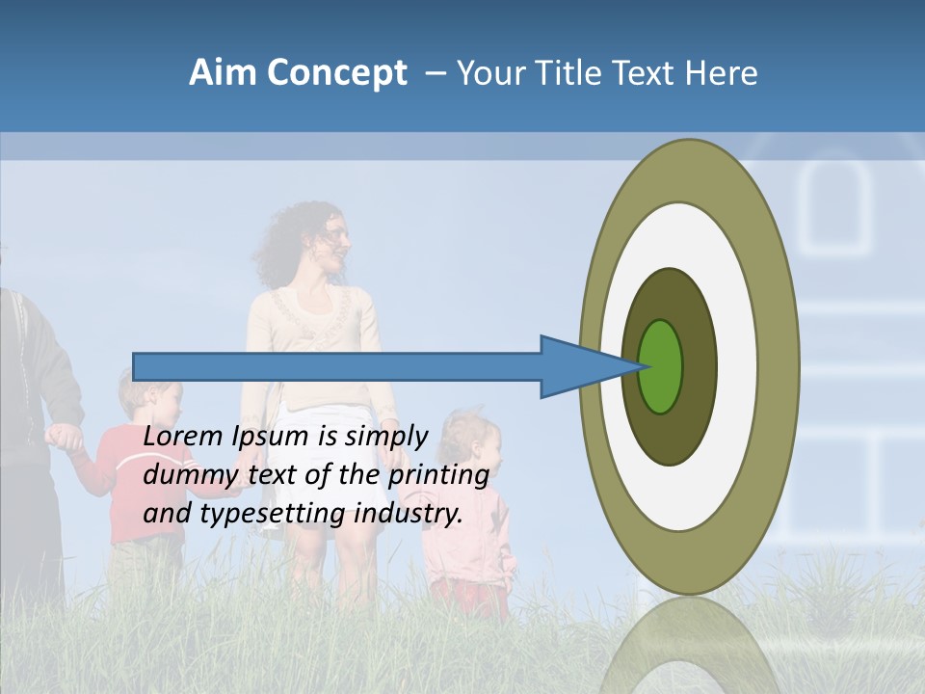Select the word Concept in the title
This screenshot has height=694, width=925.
click(x=336, y=72)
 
